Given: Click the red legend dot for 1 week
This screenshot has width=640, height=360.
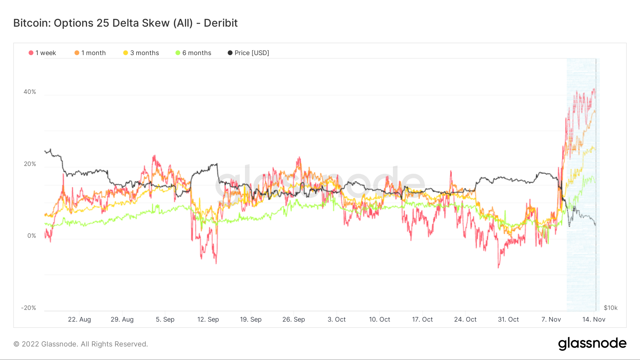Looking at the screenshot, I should (x=31, y=53).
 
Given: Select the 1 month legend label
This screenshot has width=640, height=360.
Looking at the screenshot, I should (x=94, y=53).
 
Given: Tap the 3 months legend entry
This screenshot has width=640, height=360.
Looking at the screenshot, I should (x=144, y=53).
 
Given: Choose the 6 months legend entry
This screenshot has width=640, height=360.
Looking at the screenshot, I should (x=197, y=53).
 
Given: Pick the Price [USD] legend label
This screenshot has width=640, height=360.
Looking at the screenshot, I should (x=252, y=53).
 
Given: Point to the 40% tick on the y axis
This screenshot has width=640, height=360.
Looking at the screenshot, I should (x=30, y=92).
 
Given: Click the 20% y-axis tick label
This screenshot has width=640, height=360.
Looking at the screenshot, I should (x=30, y=164).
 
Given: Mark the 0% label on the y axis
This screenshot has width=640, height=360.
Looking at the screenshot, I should (x=32, y=236).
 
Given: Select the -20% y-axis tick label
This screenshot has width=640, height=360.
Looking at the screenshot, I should (x=28, y=308).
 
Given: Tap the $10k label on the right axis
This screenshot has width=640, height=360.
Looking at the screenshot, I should (x=610, y=308).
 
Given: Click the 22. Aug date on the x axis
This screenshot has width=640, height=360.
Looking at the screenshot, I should (x=79, y=319).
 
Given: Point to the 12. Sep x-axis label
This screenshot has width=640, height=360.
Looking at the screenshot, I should (x=208, y=319).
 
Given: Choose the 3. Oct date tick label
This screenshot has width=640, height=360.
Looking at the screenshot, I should (x=336, y=319).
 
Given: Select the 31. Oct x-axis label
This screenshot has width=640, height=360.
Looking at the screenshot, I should (x=508, y=319).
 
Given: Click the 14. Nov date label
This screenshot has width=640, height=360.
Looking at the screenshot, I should (x=593, y=319).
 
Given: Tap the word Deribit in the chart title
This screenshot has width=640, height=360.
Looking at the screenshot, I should (x=220, y=23).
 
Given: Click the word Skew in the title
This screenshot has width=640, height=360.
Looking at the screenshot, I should (x=155, y=23).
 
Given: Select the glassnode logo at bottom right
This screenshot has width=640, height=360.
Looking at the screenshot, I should (x=592, y=344).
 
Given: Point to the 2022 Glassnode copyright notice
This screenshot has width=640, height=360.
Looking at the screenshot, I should (x=81, y=344).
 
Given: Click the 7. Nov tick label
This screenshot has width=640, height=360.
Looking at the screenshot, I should (x=551, y=319).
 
